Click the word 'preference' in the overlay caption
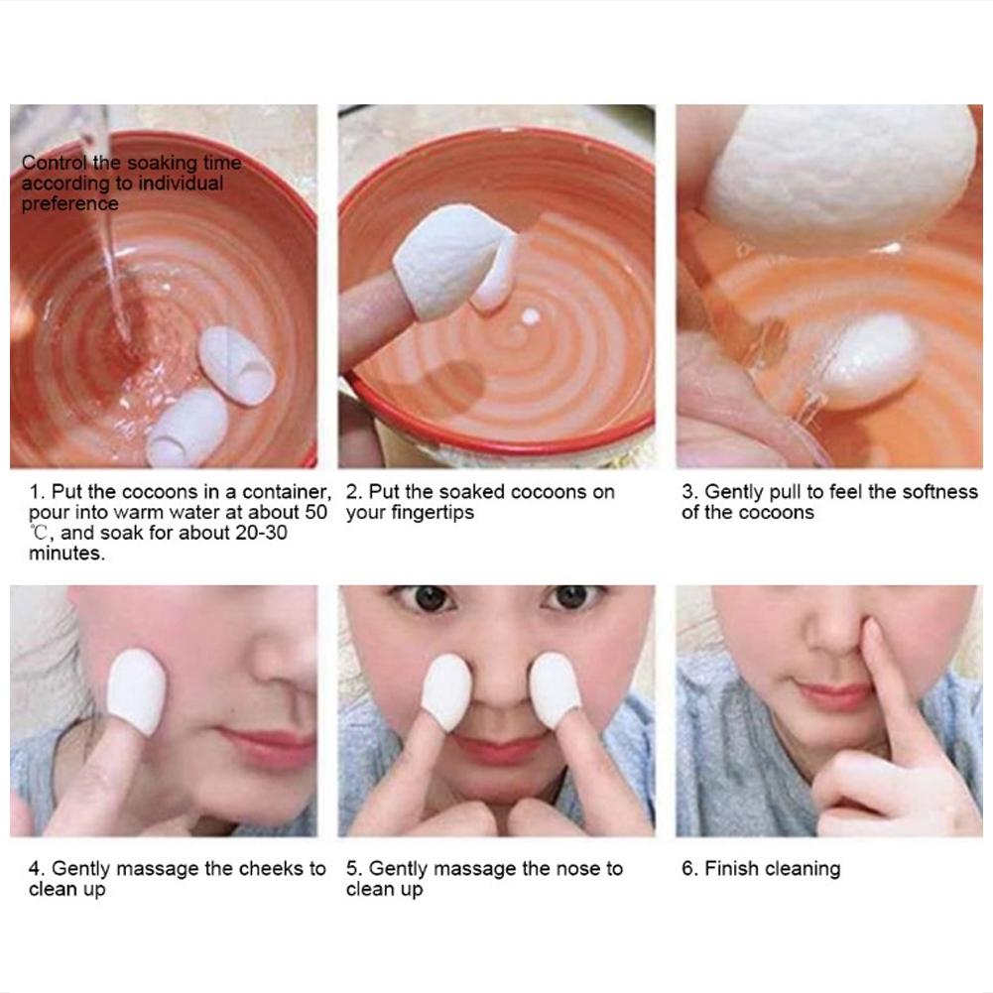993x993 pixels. (x=69, y=204)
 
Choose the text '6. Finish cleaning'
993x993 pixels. (x=761, y=869)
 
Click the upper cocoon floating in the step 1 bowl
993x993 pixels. (x=236, y=366)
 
